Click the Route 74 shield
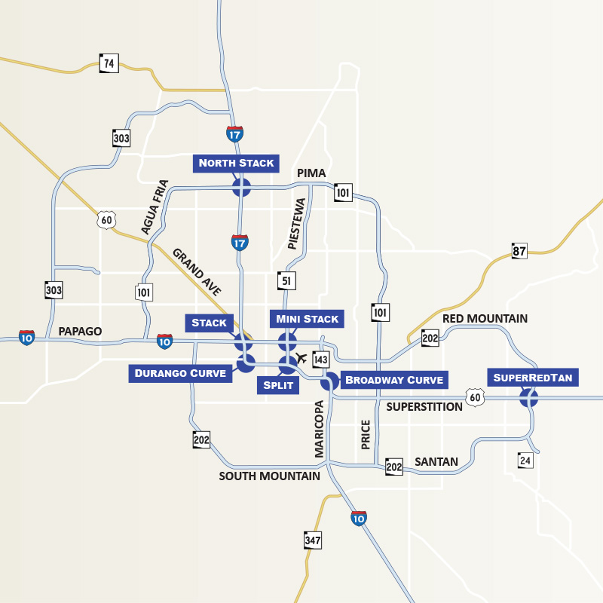[109, 63]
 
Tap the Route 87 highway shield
[519, 251]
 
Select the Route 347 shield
[313, 540]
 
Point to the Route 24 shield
[525, 459]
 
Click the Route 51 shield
[286, 280]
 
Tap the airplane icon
[302, 357]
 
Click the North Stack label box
[237, 163]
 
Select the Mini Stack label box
[308, 319]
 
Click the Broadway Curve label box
[393, 379]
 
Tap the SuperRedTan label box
[533, 377]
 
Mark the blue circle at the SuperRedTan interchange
[529, 398]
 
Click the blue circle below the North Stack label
[241, 187]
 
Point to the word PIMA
[311, 173]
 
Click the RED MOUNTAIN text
[485, 319]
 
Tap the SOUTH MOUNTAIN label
[269, 476]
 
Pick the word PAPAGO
[80, 332]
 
